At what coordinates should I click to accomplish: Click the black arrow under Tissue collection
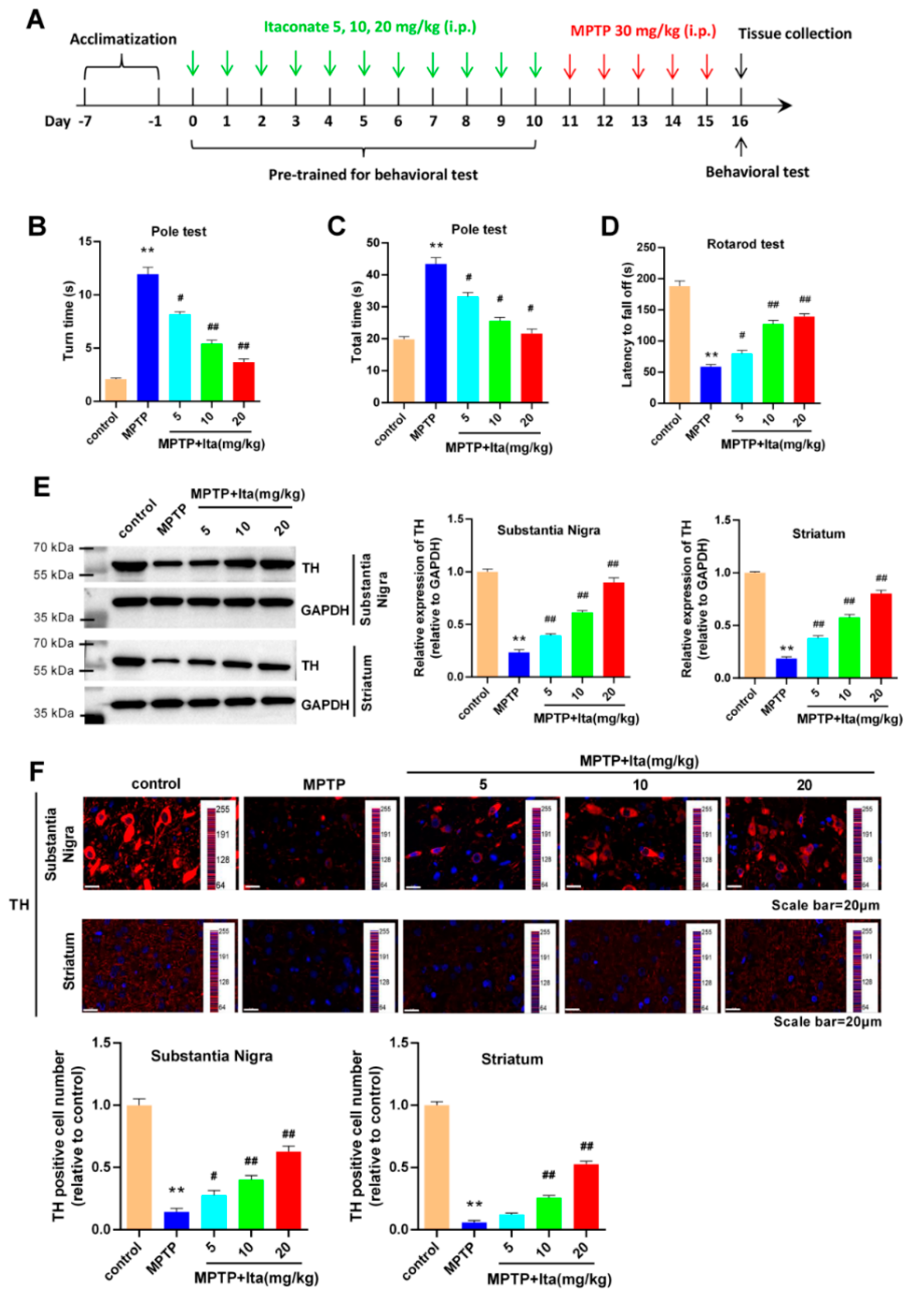(742, 66)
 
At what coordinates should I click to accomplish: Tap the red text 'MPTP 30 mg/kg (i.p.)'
(643, 31)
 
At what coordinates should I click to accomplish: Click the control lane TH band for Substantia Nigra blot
(130, 564)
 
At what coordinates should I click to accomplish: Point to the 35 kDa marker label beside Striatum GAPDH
(54, 713)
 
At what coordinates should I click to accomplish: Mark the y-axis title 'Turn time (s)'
(69, 321)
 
